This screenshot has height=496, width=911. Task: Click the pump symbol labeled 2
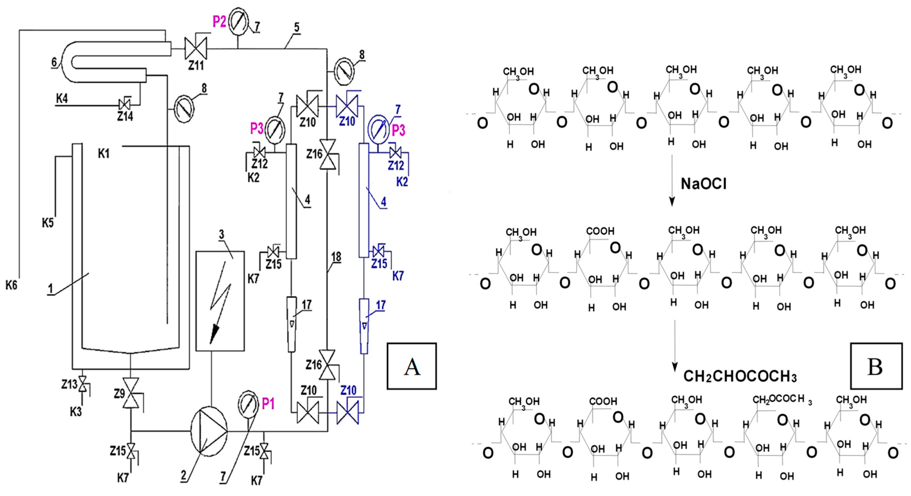click(x=209, y=431)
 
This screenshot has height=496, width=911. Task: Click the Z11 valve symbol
click(x=196, y=48)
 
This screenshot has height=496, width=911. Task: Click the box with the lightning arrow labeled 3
click(x=220, y=301)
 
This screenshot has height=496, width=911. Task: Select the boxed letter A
click(x=412, y=366)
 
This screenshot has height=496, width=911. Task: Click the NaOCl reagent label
click(x=703, y=184)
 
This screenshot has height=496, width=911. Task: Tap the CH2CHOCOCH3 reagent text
click(x=740, y=377)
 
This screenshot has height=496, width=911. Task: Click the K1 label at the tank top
click(x=104, y=154)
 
